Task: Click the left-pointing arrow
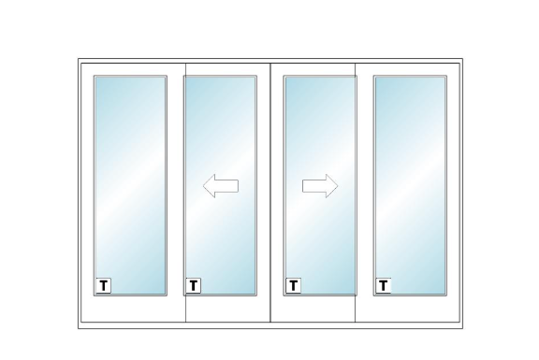point(221,186)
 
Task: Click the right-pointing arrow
point(320,186)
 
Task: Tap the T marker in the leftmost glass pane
point(104,285)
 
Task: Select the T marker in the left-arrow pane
point(193,285)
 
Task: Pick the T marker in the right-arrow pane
point(293,285)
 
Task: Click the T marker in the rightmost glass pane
point(384,285)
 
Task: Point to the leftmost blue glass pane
point(131,185)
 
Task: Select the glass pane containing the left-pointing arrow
point(220,185)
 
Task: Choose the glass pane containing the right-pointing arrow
point(320,185)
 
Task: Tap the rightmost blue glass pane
point(410,185)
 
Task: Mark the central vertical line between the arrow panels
point(270,193)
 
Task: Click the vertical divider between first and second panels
point(186,193)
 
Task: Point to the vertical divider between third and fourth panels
point(355,193)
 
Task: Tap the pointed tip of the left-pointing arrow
point(203,186)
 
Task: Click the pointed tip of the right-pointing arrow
point(338,186)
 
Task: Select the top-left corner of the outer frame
point(79,59)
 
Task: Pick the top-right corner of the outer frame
point(462,59)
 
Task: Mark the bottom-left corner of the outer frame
point(79,328)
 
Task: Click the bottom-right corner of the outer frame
point(462,328)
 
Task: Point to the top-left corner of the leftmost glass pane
point(95,76)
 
